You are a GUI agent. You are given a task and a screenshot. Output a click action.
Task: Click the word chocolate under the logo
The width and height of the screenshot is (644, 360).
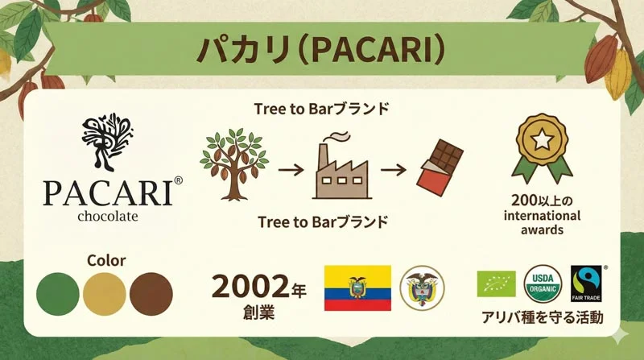click(x=108, y=217)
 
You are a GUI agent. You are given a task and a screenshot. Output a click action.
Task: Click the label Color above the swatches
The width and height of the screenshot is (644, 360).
click(x=105, y=261)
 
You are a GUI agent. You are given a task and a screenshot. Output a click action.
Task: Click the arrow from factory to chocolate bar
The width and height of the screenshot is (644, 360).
click(x=392, y=172)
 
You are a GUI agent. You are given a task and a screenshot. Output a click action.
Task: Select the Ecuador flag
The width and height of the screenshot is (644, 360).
click(x=357, y=287)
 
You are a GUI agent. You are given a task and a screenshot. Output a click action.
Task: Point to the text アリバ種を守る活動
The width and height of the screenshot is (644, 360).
click(x=542, y=317)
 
